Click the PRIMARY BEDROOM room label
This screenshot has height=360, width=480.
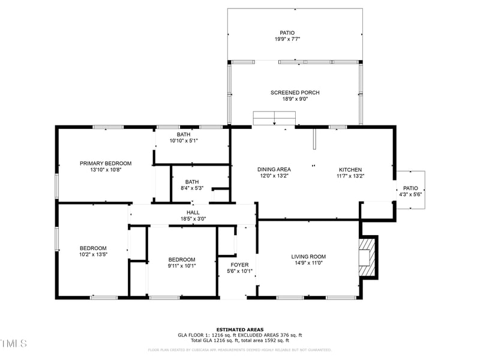pos(106,163)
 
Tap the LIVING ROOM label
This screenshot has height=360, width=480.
pos(309,256)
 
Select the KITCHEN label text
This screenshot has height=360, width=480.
pos(350,169)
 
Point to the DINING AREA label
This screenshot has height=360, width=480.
pos(274,169)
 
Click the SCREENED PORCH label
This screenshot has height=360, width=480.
pos(295,92)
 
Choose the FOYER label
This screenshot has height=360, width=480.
pos(239,265)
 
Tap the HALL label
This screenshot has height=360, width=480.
pos(193,212)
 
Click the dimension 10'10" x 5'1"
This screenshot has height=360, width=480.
pos(184,140)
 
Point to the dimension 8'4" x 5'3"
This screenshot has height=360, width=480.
pos(192,188)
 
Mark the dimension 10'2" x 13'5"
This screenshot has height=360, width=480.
pos(93,254)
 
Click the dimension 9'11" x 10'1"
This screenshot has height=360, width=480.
pos(181,266)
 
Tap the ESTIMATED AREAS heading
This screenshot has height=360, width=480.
pos(239,329)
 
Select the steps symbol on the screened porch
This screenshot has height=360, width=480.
pos(274,118)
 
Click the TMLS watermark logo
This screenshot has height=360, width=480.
pos(14,343)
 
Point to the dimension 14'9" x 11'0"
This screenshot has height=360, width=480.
pos(309,263)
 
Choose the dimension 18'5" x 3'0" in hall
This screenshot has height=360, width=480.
pos(193,218)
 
